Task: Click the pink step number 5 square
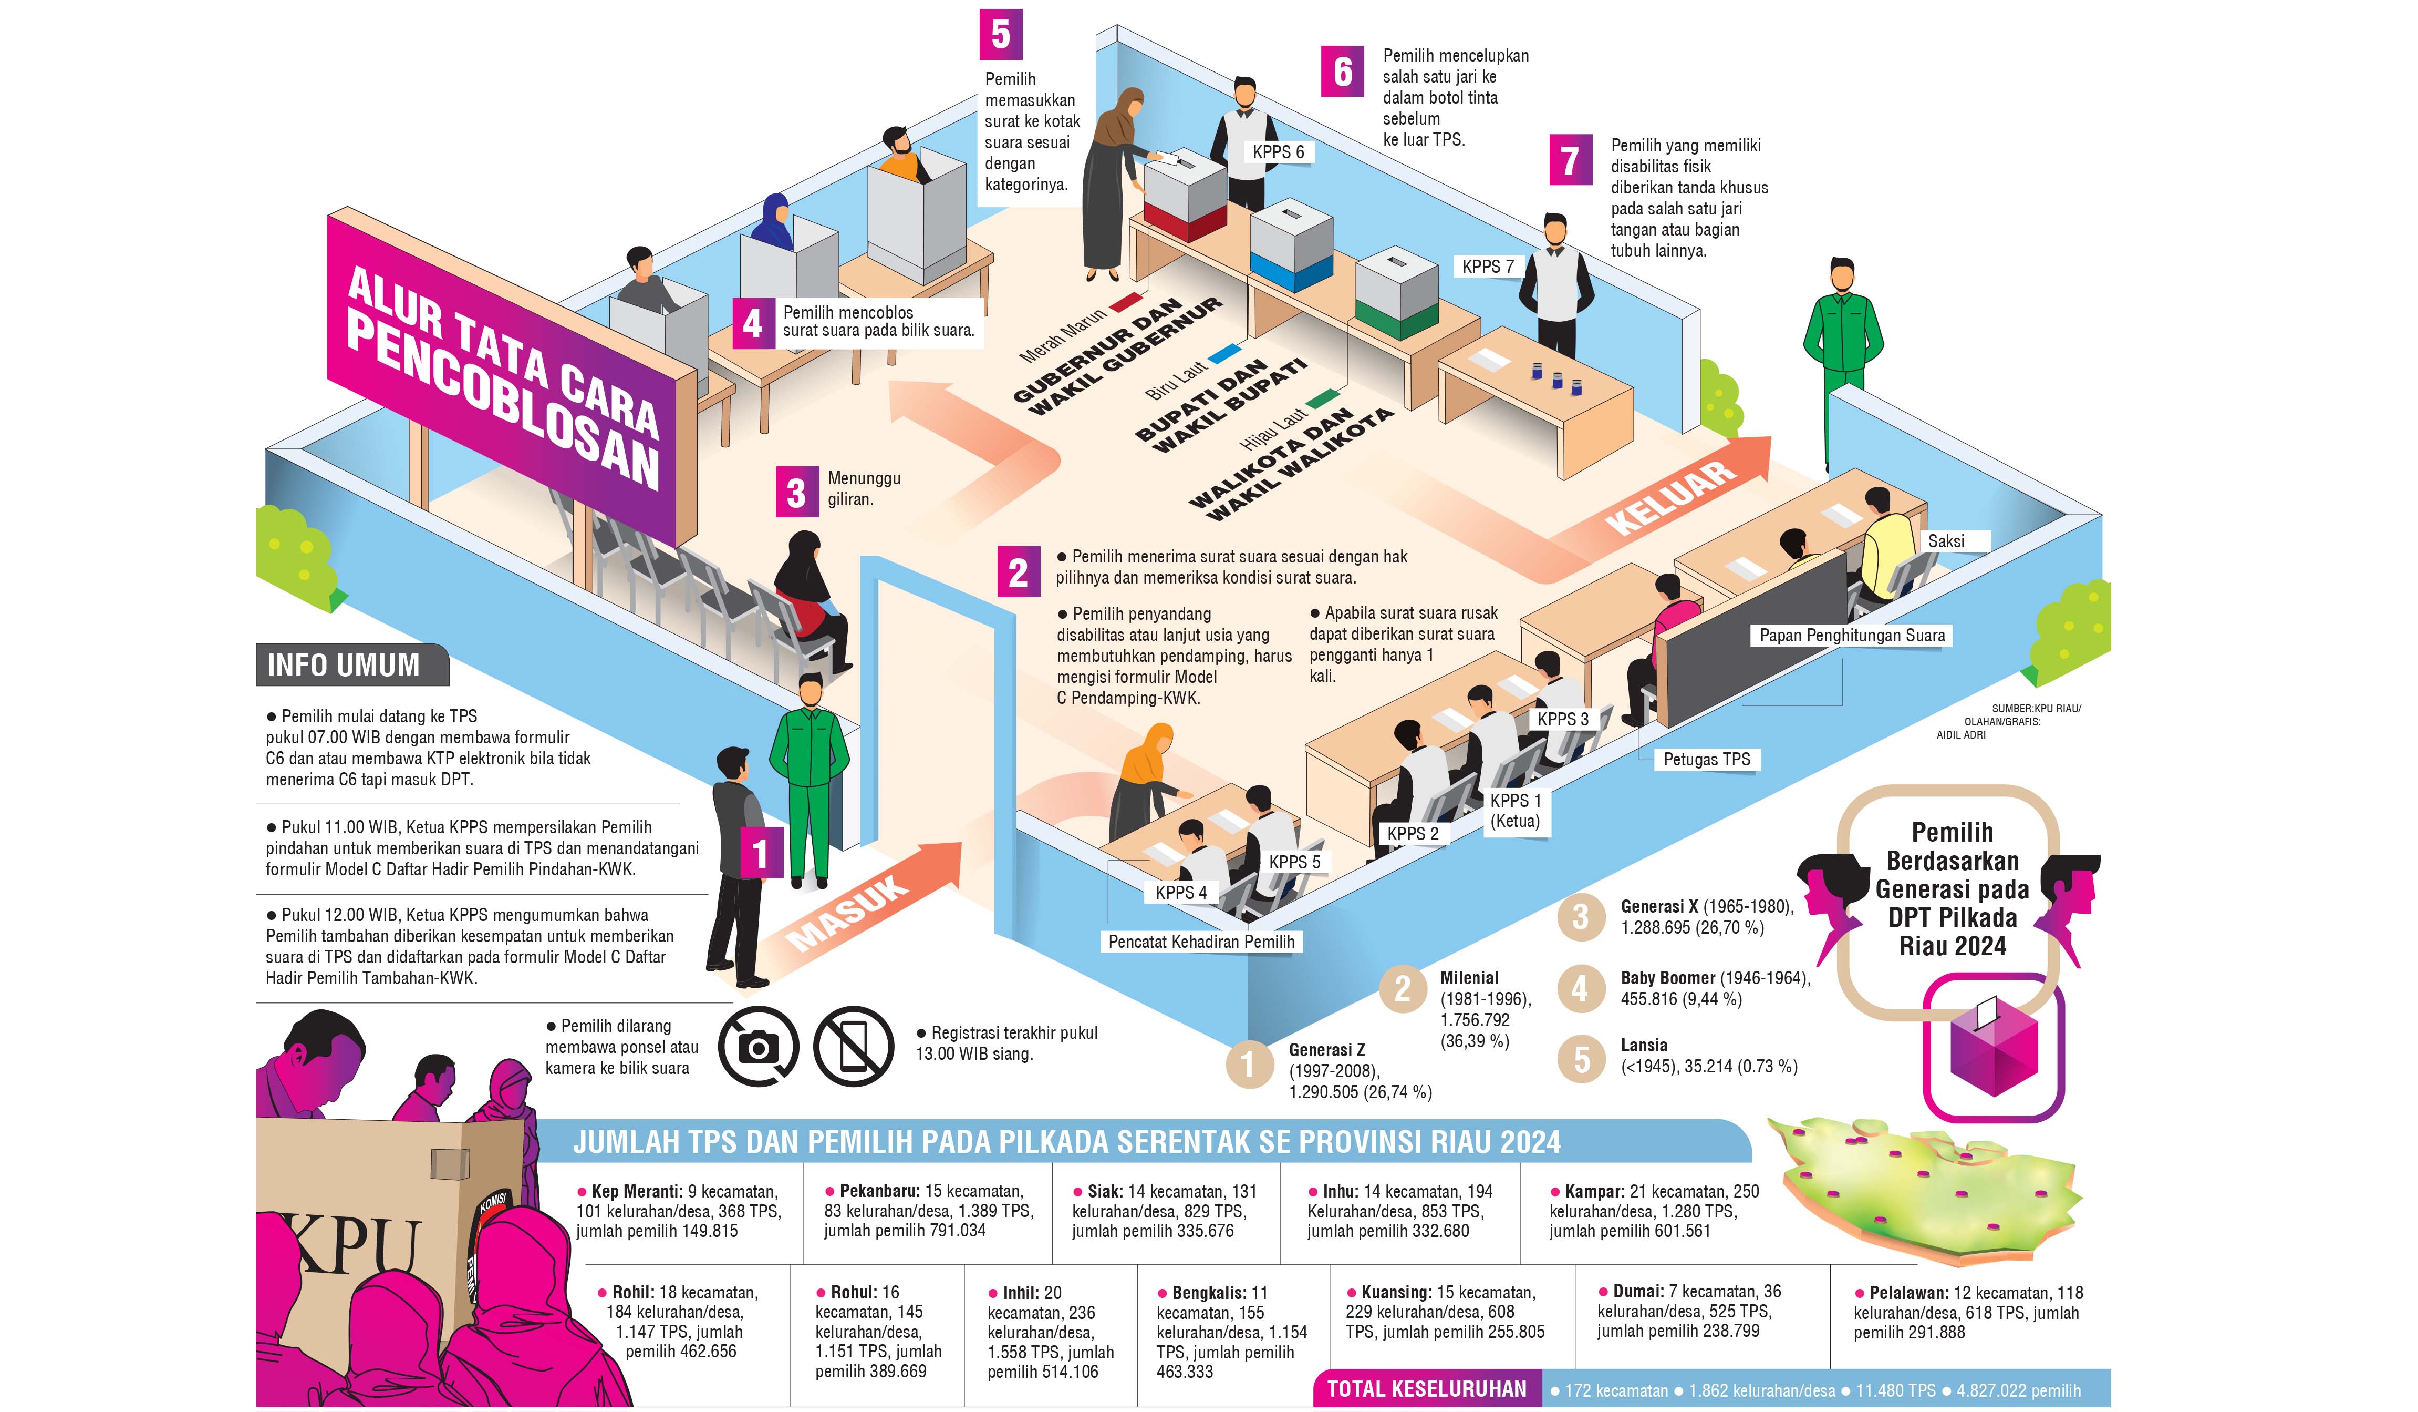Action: click(x=1001, y=35)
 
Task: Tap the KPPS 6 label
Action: click(x=1278, y=152)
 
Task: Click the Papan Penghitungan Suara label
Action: click(x=1852, y=636)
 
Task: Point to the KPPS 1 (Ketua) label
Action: click(x=1515, y=810)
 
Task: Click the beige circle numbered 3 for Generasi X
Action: click(x=1580, y=917)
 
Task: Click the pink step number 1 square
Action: click(x=761, y=852)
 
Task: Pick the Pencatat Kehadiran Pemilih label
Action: click(x=1201, y=942)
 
